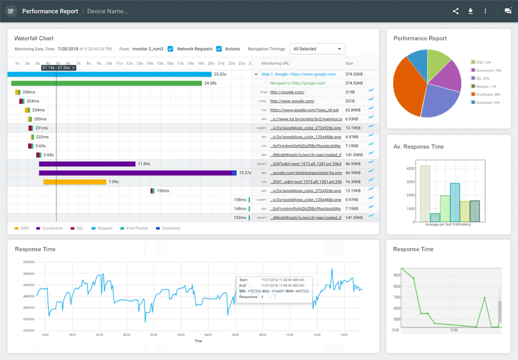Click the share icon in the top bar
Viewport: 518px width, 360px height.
coord(456,11)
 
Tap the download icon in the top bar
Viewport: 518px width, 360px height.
coord(470,11)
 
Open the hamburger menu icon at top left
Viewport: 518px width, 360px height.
coord(11,11)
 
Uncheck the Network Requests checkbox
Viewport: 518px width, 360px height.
coord(170,49)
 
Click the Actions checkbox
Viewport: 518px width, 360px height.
coord(219,49)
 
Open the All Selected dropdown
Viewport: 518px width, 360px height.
coord(317,49)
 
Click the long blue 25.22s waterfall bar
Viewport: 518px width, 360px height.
coord(109,74)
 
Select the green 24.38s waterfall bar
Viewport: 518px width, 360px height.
coord(106,83)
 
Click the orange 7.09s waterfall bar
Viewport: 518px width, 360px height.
coord(75,182)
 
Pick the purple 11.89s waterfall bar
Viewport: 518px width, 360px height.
coord(86,164)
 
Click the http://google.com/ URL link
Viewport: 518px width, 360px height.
coord(287,92)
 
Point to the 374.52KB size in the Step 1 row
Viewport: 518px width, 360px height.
coord(353,74)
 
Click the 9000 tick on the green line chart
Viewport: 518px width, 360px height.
coord(395,275)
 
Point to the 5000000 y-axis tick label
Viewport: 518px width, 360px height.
coord(28,262)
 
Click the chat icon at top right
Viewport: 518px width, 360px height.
coord(508,11)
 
